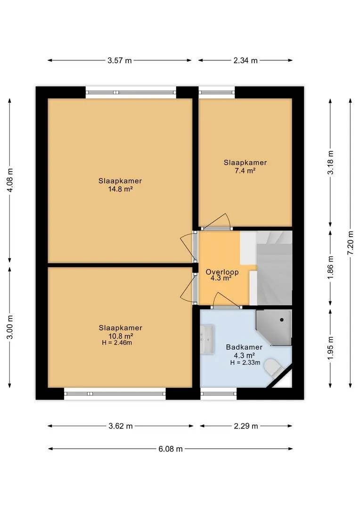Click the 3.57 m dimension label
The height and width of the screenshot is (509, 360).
point(120,60)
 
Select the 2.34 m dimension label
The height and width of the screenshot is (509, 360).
point(245,60)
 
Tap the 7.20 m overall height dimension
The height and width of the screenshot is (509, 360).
point(350,243)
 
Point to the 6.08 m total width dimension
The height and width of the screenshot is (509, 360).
point(171,449)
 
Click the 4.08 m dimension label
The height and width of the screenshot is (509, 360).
point(10,180)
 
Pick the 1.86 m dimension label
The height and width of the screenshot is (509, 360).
point(330,268)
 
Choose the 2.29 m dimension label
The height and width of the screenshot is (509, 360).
point(246,426)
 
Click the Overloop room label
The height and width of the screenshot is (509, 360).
point(222,272)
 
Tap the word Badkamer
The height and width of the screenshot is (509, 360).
point(244,347)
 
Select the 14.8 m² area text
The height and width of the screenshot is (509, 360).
point(121,189)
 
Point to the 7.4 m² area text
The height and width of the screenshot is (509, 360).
point(245,171)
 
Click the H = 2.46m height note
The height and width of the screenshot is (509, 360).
point(117,343)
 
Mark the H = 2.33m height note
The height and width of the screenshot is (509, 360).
point(245,362)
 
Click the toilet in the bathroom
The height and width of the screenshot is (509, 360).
point(273,368)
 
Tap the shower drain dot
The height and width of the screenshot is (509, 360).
point(282,320)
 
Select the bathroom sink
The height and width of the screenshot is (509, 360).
point(207,339)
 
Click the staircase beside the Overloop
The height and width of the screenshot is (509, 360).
point(274,268)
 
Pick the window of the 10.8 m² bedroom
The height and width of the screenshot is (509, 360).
point(115,394)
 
